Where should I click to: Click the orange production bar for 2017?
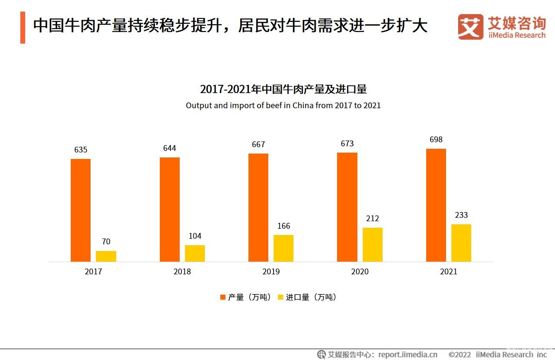pos(80,210)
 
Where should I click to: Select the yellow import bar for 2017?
pos(106,256)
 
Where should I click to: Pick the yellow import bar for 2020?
pos(372,245)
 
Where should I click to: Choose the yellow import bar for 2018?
pos(195,253)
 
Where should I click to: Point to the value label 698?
pos(436,140)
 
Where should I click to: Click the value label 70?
pos(106,241)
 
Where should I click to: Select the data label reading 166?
pos(284,226)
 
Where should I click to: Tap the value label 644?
pos(170,148)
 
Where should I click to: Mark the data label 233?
pos(461,215)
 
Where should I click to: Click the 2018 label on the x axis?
pos(182,272)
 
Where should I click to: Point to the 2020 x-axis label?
pos(360,272)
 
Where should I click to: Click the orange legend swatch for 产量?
pos(223,297)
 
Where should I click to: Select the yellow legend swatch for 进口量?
pos(280,297)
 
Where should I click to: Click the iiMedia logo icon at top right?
pos(470,27)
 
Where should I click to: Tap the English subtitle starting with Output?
pos(283,105)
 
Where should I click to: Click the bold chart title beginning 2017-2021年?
pos(283,90)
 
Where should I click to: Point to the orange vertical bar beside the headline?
pos(23,28)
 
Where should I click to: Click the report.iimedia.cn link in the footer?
pos(408,354)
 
